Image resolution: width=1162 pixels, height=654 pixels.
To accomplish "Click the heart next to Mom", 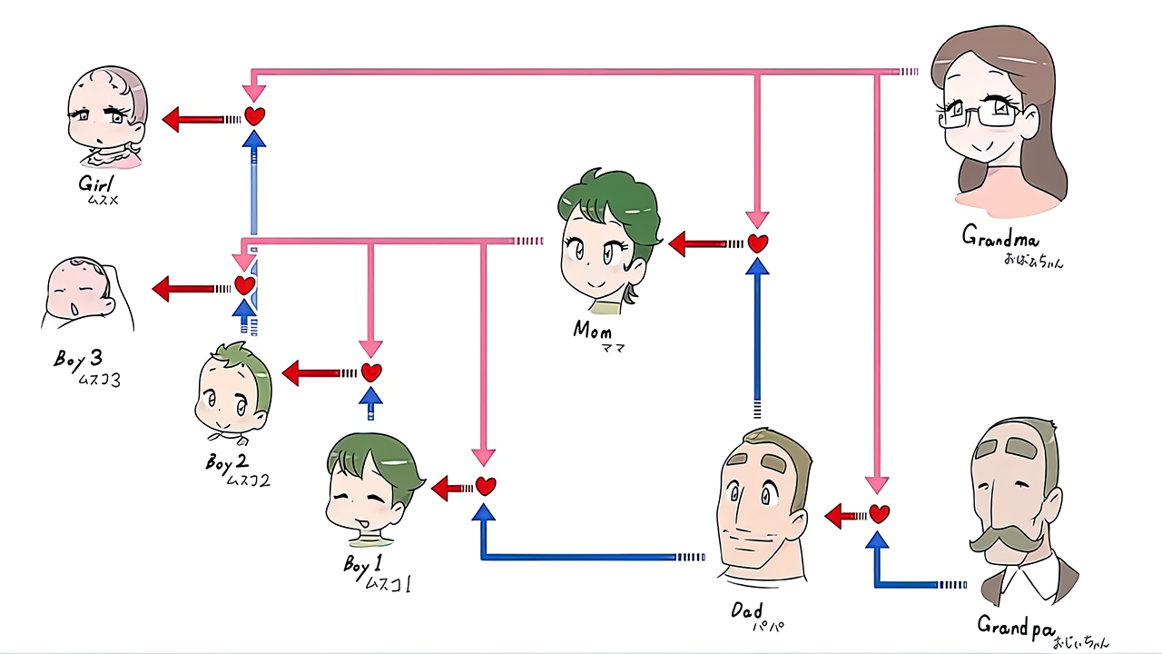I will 758,243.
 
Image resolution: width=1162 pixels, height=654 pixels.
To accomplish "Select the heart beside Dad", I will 879,514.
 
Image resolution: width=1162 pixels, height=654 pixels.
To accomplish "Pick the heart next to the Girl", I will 256,116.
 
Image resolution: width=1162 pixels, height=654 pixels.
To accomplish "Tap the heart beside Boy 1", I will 486,486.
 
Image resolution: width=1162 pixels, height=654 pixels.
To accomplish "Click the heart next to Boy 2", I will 370,372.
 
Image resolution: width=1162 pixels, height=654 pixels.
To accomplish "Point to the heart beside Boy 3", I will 244,285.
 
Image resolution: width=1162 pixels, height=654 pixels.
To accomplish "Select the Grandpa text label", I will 1015,626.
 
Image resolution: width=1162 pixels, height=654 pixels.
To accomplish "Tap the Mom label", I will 592,330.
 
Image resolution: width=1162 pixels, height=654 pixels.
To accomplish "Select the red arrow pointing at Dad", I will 842,516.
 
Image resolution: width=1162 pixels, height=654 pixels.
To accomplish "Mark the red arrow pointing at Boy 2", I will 309,372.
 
